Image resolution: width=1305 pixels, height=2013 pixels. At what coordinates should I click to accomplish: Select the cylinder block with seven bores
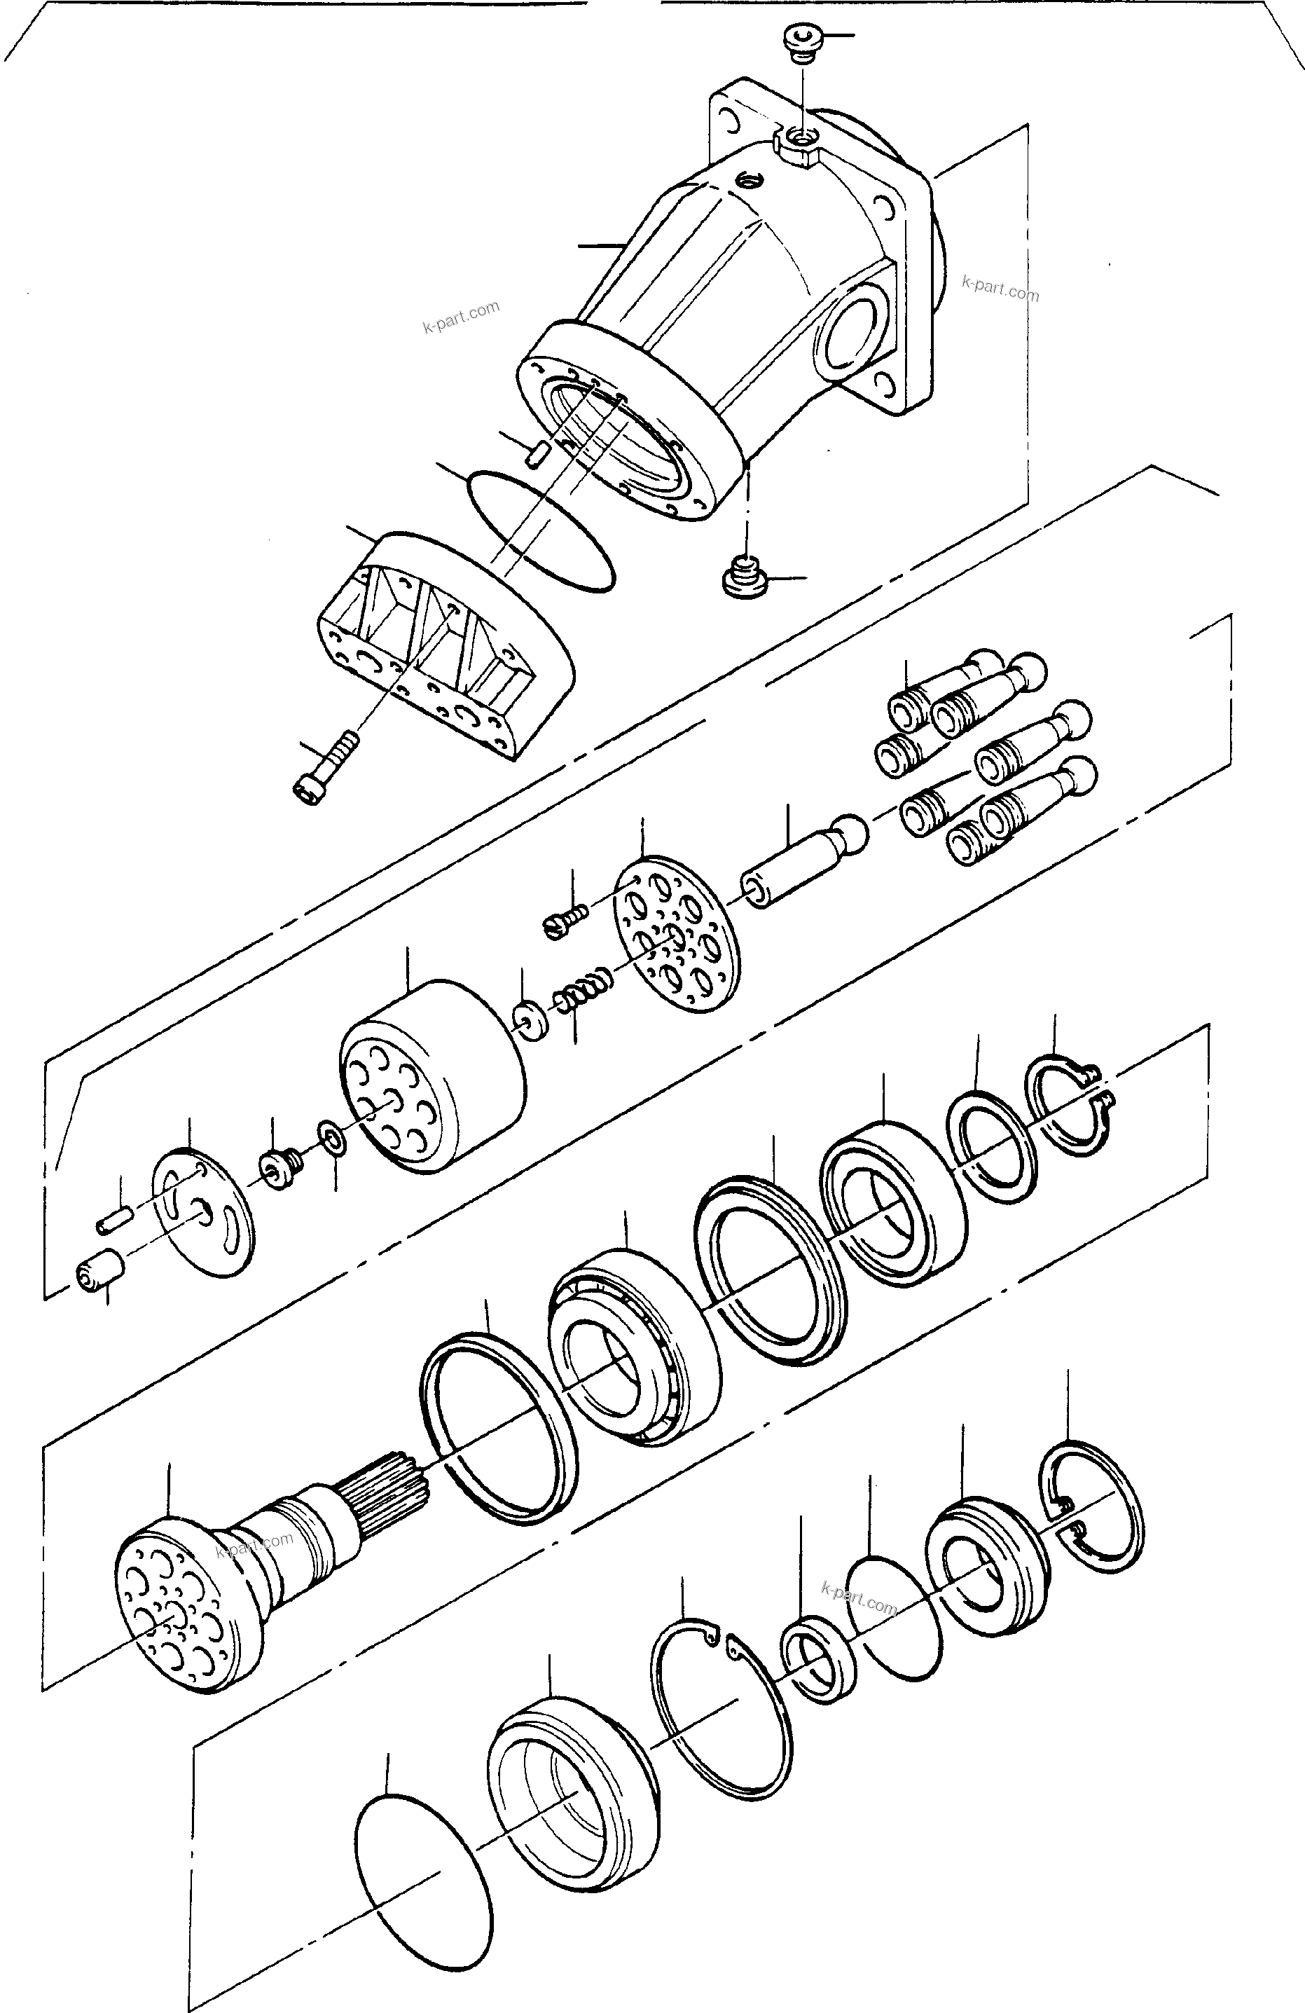431,1076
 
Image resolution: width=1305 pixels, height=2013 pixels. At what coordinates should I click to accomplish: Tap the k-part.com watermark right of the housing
1000,289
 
